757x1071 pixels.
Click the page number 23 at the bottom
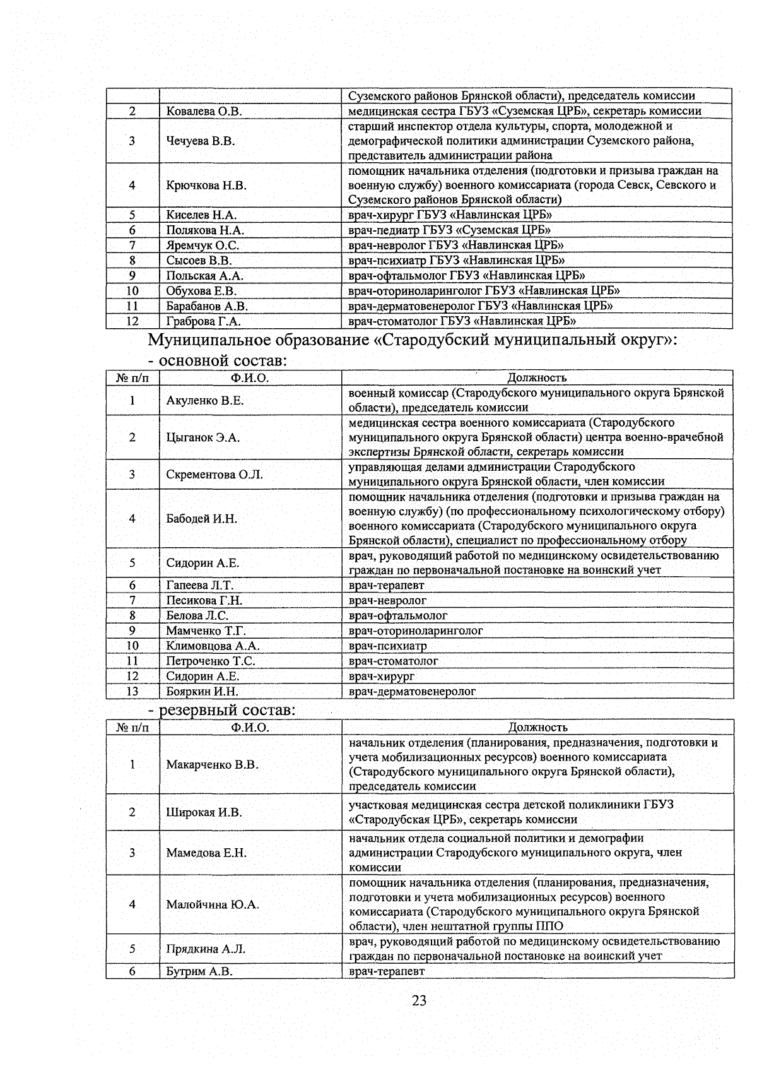[x=419, y=1000]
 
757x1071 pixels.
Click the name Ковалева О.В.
[x=204, y=112]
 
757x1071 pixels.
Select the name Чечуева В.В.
[x=201, y=141]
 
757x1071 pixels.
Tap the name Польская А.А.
[x=204, y=276]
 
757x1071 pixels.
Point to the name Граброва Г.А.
[x=203, y=321]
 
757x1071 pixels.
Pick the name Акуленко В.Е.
[x=204, y=401]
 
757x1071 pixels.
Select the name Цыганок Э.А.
[x=202, y=437]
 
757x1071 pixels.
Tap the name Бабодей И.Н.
[x=201, y=519]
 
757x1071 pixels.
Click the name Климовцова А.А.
[x=213, y=646]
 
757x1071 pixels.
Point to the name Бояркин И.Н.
[x=202, y=691]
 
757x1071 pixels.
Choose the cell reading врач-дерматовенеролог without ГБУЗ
[x=412, y=691]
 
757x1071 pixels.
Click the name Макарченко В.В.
[x=212, y=765]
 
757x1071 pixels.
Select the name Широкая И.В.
[x=204, y=812]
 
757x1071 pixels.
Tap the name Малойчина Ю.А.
[x=213, y=904]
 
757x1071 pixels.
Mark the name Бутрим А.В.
[x=199, y=971]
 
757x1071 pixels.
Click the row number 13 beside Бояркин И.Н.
[x=132, y=691]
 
